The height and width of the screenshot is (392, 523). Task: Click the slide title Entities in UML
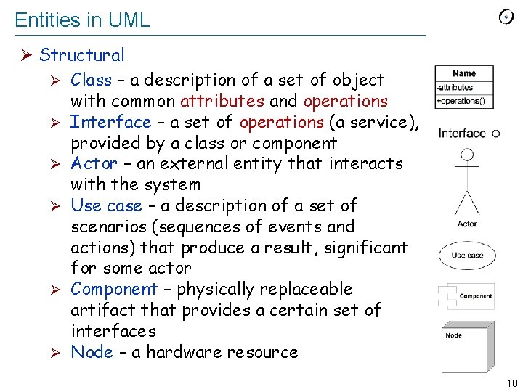(x=82, y=20)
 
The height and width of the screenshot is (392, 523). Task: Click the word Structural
(x=82, y=55)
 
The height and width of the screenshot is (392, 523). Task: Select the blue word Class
(x=92, y=80)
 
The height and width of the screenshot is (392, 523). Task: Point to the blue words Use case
(x=106, y=206)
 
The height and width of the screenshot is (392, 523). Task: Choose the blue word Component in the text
(x=114, y=289)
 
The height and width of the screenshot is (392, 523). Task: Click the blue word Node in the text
(x=92, y=353)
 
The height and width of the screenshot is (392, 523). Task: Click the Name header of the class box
(x=464, y=73)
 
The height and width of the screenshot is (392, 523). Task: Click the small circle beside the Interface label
(x=495, y=134)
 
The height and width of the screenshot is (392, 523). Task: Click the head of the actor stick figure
(x=467, y=154)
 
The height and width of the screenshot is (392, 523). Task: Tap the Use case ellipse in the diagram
(x=467, y=256)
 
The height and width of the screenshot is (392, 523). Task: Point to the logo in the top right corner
(x=507, y=17)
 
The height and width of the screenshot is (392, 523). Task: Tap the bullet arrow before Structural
(x=25, y=56)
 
